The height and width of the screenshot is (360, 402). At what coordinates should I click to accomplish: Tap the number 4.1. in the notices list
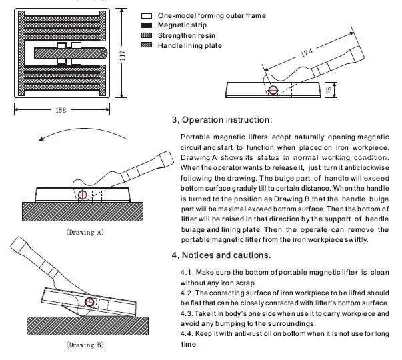188,273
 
